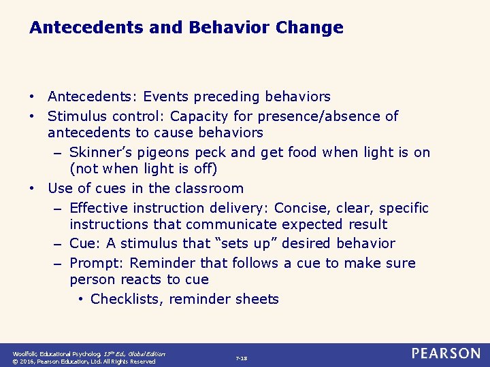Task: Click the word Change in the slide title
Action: tap(310, 28)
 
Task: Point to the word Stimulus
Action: tap(75, 116)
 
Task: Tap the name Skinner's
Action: tap(101, 152)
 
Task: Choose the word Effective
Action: tap(100, 208)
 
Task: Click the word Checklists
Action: tap(125, 299)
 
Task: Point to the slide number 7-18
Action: tap(241, 357)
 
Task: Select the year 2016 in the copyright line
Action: tap(29, 362)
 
